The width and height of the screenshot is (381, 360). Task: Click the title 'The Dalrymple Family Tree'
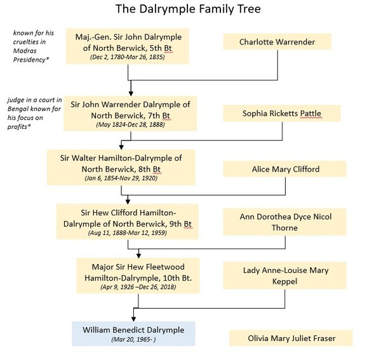[188, 10]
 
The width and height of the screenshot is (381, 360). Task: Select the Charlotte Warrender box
[277, 42]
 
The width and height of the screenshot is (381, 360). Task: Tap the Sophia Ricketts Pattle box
[282, 114]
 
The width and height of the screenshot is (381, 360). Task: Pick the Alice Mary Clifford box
[284, 169]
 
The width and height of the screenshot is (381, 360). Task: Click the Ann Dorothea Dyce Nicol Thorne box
[284, 222]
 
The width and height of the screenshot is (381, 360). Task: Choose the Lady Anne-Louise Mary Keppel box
[284, 276]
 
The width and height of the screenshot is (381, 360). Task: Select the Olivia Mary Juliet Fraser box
[291, 338]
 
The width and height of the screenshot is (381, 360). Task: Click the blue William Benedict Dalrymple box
[133, 334]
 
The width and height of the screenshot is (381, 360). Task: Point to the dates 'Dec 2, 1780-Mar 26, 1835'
[128, 57]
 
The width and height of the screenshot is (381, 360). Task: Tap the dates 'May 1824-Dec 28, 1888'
[130, 124]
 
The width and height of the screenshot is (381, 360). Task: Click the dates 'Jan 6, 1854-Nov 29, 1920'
[121, 178]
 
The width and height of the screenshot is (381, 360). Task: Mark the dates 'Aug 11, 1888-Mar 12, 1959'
[128, 233]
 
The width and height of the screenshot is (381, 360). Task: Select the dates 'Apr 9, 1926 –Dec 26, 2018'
[138, 287]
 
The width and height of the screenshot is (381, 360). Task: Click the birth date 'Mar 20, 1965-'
[133, 339]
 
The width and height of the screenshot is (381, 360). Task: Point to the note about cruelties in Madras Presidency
[33, 46]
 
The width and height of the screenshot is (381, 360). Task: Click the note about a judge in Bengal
[34, 113]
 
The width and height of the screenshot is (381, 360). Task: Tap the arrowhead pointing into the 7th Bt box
[131, 93]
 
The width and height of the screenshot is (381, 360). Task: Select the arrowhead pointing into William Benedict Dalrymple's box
[133, 319]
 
